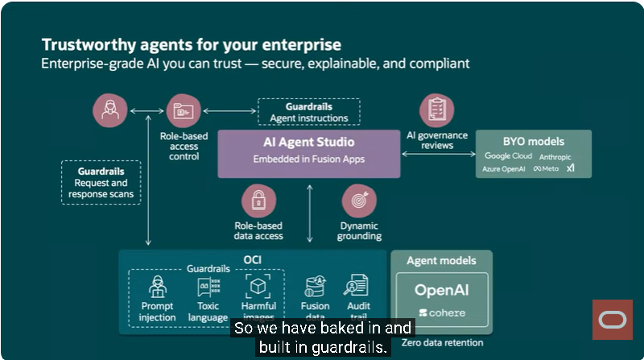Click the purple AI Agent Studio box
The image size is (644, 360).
pyautogui.click(x=308, y=153)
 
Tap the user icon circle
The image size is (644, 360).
pyautogui.click(x=109, y=110)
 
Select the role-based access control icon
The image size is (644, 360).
pyautogui.click(x=183, y=110)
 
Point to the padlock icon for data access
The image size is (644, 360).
pyautogui.click(x=258, y=201)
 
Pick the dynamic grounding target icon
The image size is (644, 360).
pyautogui.click(x=359, y=201)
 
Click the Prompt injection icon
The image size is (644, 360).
pyautogui.click(x=158, y=286)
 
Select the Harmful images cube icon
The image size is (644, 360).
pyautogui.click(x=258, y=286)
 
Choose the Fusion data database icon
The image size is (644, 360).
pyautogui.click(x=315, y=286)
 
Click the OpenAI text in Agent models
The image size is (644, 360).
pyautogui.click(x=441, y=290)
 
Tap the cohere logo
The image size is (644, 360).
pyautogui.click(x=441, y=312)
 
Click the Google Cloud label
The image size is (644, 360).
pyautogui.click(x=508, y=155)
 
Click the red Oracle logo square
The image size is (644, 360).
pyautogui.click(x=613, y=320)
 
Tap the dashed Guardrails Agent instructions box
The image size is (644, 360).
pyautogui.click(x=308, y=112)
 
